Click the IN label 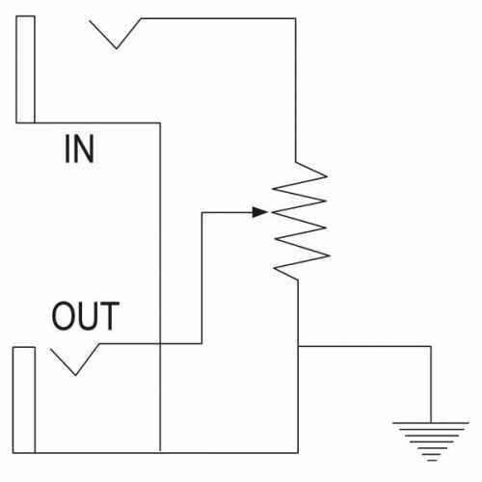coord(79,148)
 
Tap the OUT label coord(86,316)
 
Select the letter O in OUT coord(63,316)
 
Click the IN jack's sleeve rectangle coord(25,69)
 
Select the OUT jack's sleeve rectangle coord(24,400)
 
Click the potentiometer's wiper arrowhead coord(259,212)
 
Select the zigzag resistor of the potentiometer coord(301,221)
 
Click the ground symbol coord(431,442)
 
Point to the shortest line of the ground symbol coord(432,460)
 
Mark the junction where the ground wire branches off coord(298,346)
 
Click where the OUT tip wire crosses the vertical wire coord(160,344)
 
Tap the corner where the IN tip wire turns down coord(296,18)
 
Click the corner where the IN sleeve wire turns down coord(160,122)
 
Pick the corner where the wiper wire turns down coord(201,212)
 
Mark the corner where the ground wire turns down coord(431,346)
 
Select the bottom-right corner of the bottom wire coord(298,453)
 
